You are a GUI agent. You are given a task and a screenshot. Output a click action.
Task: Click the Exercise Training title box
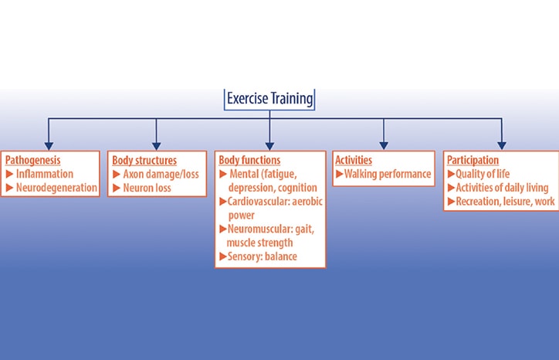270,99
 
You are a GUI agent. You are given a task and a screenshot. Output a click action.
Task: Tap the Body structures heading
144,161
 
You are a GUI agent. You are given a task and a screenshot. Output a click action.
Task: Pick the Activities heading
354,161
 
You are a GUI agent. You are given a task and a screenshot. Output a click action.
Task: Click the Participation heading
473,161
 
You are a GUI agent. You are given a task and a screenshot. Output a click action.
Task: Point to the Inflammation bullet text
45,174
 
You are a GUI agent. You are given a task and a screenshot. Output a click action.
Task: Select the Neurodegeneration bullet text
56,187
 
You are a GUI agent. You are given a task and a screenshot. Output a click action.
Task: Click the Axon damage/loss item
161,174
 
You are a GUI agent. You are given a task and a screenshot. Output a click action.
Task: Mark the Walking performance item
388,174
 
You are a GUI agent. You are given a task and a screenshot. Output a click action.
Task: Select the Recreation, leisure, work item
503,202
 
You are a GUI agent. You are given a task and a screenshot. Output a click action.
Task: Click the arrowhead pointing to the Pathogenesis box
49,144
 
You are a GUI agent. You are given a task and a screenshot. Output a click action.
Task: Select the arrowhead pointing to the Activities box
382,144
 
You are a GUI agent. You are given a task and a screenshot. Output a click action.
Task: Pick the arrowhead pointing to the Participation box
501,144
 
